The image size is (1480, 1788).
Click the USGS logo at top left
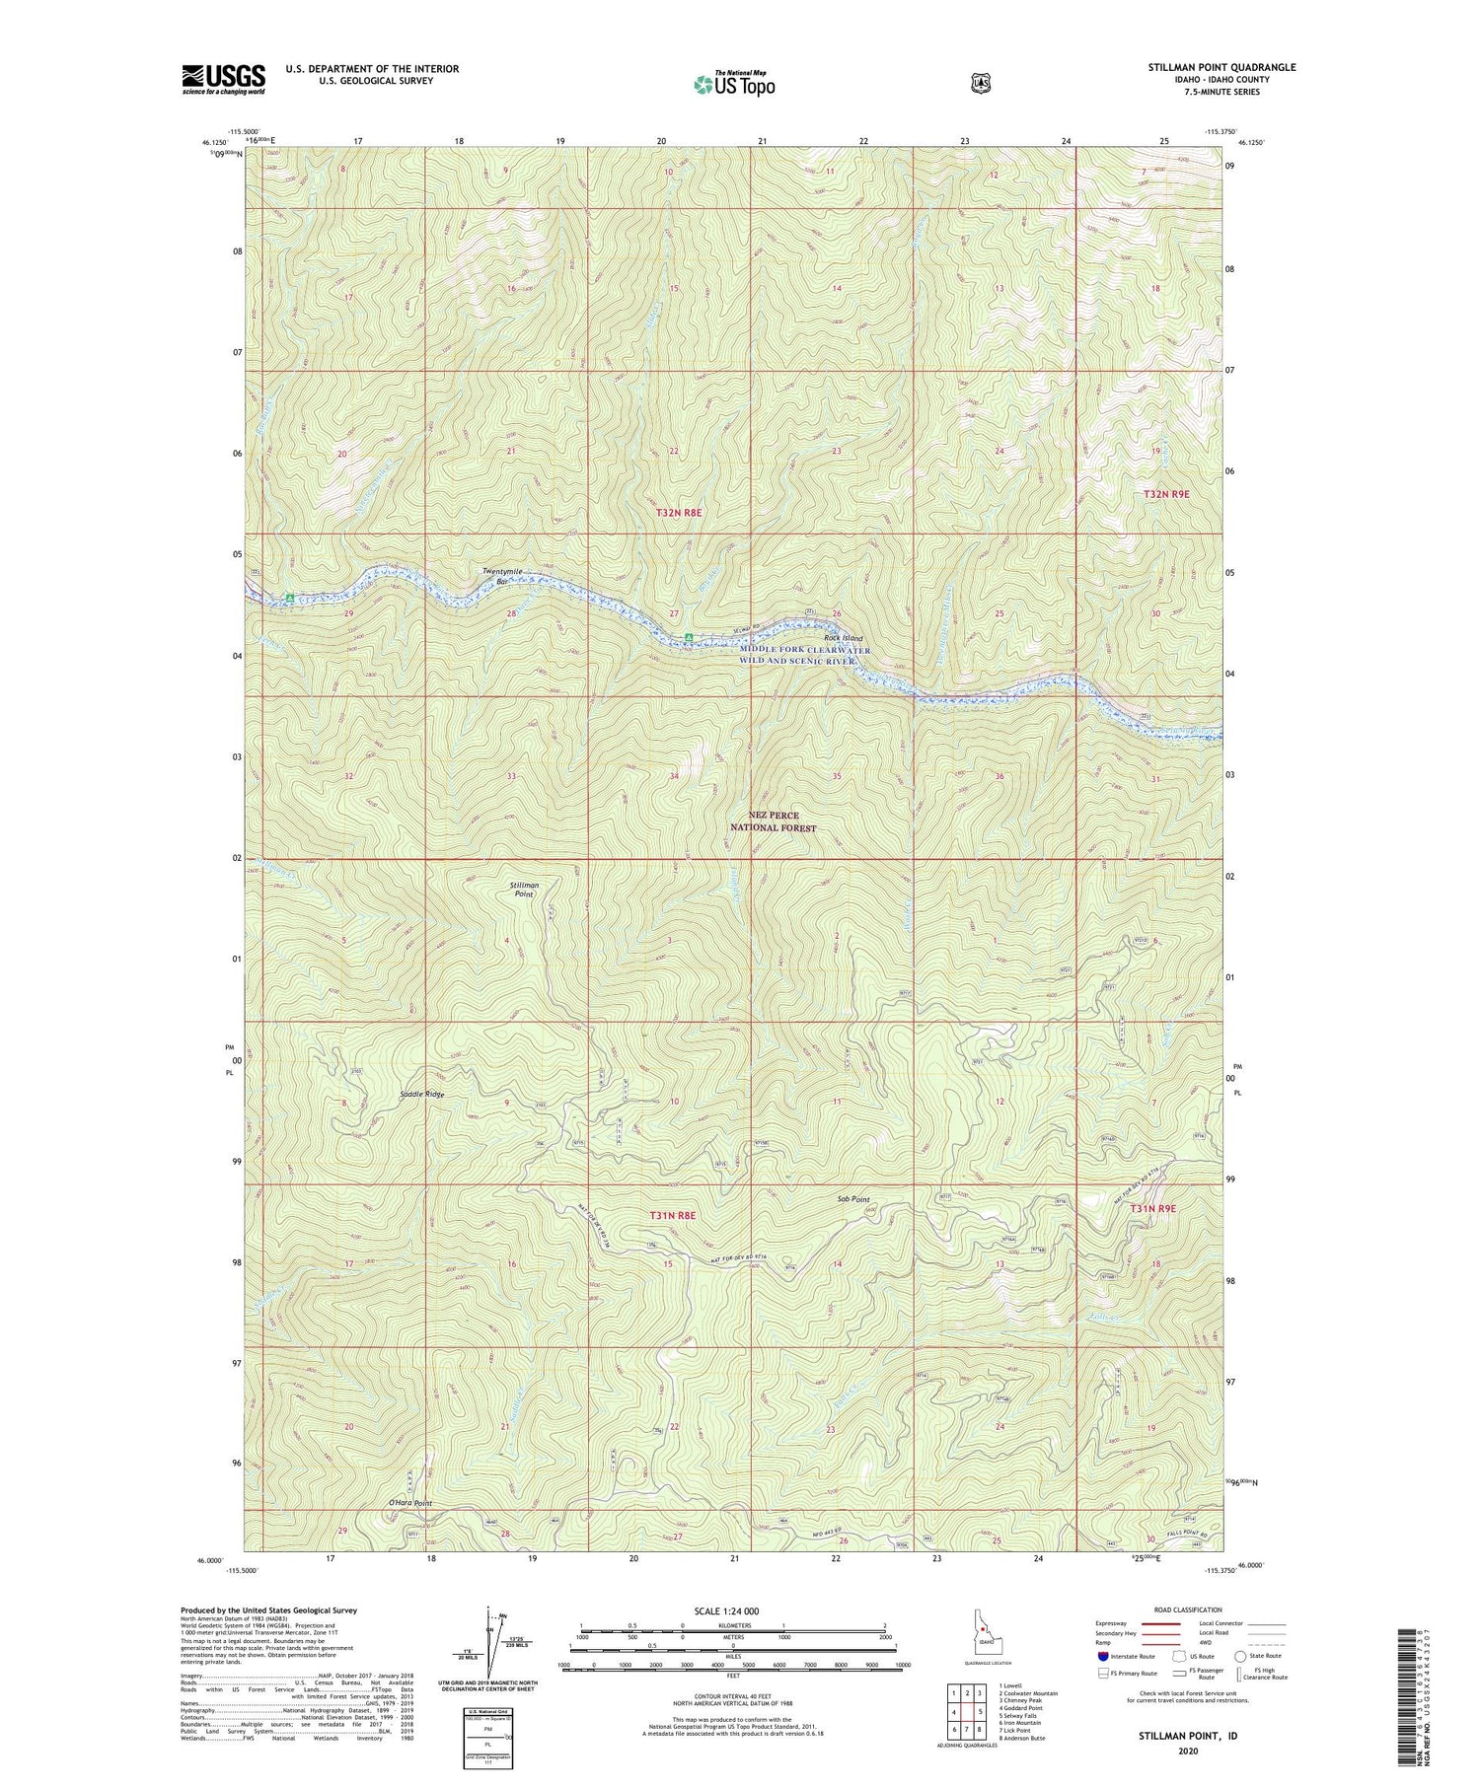tap(223, 79)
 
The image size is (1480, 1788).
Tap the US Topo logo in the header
tap(734, 84)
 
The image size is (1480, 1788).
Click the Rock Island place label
tap(844, 638)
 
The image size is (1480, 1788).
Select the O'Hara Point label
tap(408, 1503)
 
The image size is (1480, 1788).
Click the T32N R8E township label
tap(679, 513)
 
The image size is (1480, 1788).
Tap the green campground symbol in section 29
tap(289, 599)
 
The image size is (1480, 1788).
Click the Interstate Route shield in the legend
tap(1102, 1656)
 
